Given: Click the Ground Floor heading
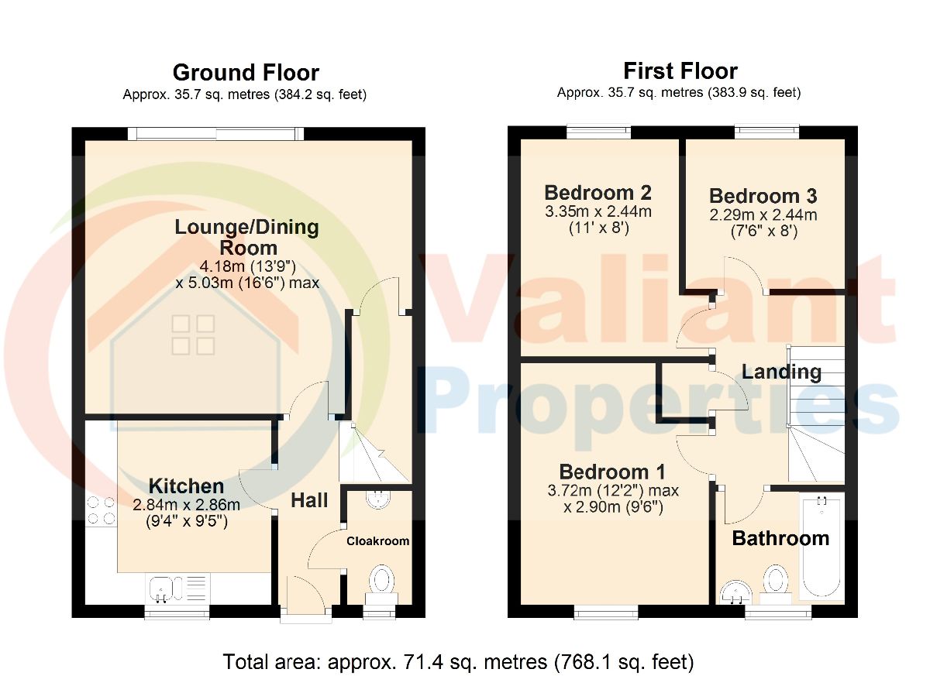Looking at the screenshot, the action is point(246,73).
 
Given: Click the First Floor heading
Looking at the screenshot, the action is point(680,71).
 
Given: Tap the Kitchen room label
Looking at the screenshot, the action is point(187,486).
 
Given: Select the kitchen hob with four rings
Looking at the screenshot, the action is point(101,510).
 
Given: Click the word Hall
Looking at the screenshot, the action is point(309,500).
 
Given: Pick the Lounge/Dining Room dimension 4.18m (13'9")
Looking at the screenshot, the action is point(247,266).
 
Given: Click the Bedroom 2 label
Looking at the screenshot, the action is point(598,193).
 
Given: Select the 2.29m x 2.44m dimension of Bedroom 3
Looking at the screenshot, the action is point(763,214).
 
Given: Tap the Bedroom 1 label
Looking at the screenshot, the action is point(612,472).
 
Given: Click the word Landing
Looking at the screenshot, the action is point(781,372).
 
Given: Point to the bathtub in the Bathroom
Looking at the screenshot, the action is point(822,547).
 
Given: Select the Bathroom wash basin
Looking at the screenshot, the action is point(735,592).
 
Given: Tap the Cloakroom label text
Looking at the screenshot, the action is point(378,540).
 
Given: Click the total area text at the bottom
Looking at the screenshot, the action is point(458,661).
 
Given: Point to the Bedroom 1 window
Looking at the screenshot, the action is point(606,612).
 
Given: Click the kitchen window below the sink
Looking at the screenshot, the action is point(177,613).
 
